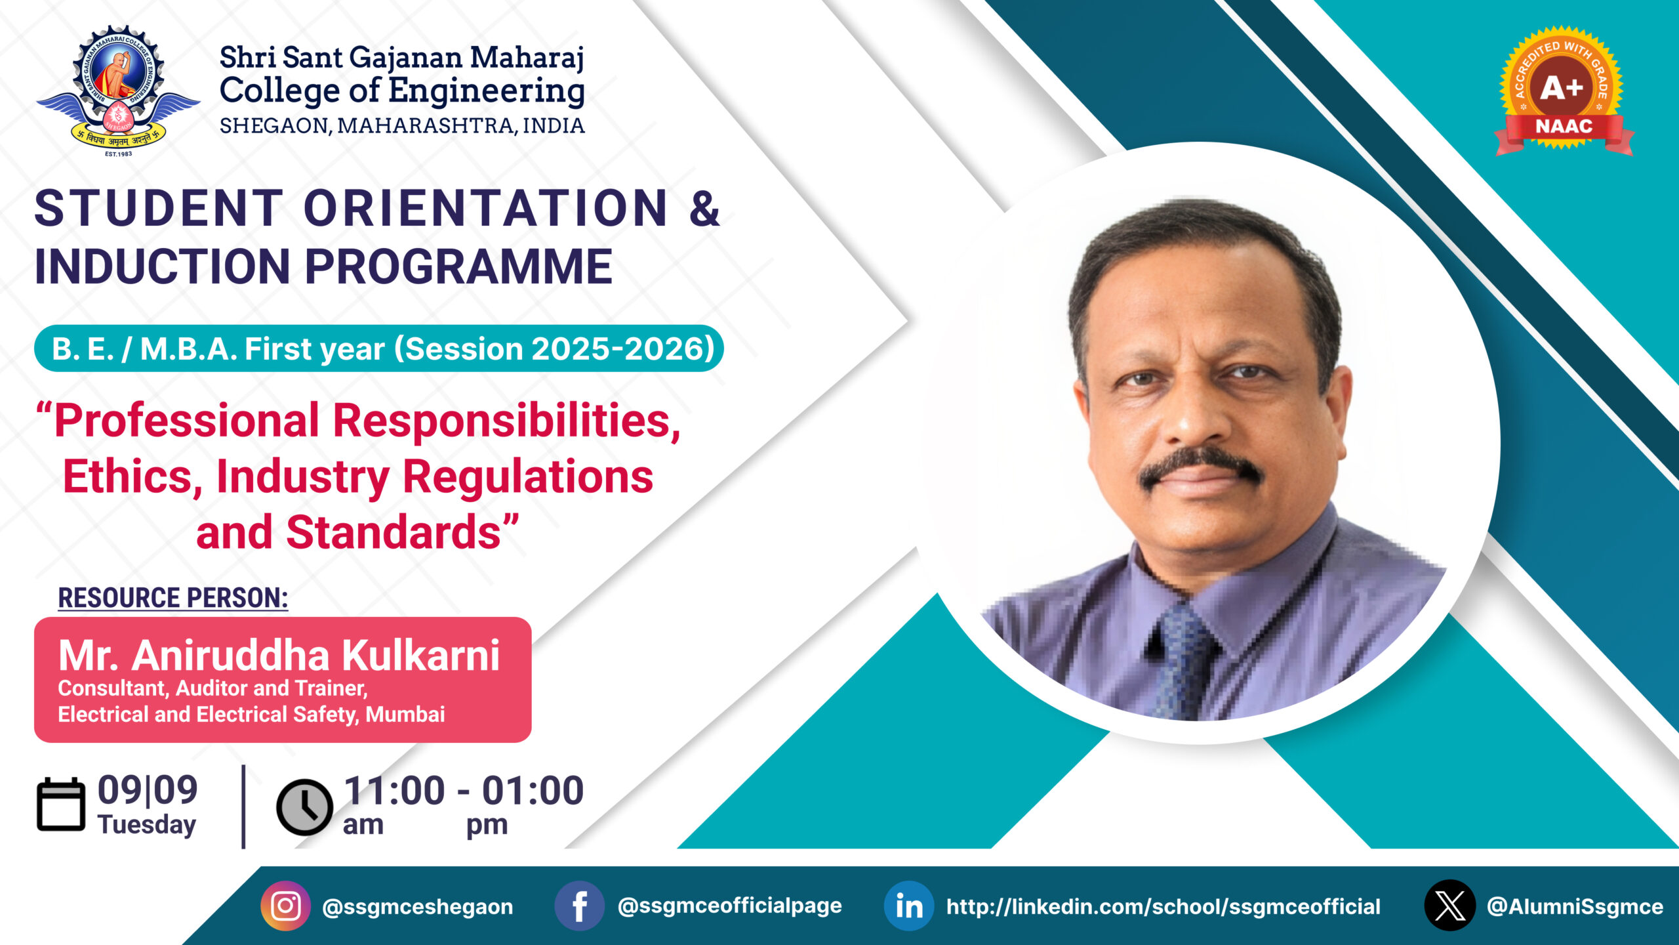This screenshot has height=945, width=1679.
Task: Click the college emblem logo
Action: pos(118,91)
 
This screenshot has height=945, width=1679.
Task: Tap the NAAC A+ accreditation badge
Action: pos(1564,91)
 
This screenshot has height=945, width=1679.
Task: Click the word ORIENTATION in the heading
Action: pos(485,208)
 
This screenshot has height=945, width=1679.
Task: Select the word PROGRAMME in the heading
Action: pos(458,266)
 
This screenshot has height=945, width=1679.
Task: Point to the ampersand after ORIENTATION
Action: pos(704,209)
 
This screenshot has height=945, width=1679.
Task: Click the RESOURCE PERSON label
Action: pos(173,598)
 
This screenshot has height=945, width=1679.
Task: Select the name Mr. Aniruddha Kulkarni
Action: pos(279,655)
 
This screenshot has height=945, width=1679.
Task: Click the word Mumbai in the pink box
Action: pos(405,714)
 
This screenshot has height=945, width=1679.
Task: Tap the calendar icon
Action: pos(61,805)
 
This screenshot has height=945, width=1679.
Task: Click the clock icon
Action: pos(305,807)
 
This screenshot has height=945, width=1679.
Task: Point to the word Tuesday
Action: pos(147,826)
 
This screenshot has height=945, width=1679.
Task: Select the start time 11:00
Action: pos(394,790)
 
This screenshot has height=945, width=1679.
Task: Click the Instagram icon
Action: pos(285,906)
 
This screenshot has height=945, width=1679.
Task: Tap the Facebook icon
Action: pos(579,906)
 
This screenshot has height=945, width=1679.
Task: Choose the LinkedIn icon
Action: pos(909,906)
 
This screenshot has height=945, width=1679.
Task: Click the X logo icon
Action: pos(1450,906)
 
